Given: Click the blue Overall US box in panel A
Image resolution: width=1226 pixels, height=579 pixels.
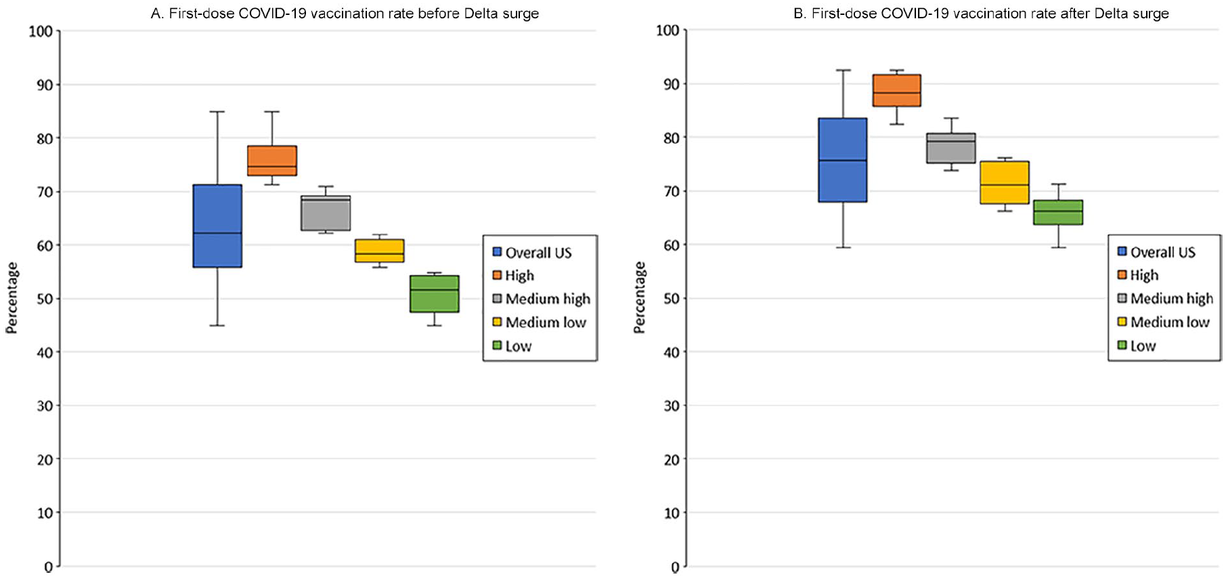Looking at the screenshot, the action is click(x=217, y=226).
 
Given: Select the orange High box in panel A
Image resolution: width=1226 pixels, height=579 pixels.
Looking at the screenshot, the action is click(x=272, y=160).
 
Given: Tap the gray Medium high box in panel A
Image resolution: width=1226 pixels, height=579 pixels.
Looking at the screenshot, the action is click(x=326, y=213).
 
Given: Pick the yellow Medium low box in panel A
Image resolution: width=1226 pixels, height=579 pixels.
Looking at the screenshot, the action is click(x=380, y=251).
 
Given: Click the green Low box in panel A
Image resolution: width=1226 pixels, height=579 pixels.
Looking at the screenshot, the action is click(x=435, y=294).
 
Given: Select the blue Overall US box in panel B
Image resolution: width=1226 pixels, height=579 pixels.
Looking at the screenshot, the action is click(x=843, y=160).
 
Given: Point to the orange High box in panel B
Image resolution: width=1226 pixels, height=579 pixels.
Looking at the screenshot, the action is click(x=897, y=90).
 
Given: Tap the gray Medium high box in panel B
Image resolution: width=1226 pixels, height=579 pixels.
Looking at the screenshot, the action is click(x=951, y=148).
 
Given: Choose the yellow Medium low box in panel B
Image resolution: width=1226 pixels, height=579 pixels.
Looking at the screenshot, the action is click(x=1005, y=182).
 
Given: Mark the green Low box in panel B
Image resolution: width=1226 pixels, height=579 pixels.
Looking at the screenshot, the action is click(x=1059, y=212).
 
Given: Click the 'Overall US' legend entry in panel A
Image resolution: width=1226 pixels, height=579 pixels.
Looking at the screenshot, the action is click(x=532, y=253).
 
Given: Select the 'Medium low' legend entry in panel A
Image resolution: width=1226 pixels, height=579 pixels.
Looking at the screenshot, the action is click(x=540, y=322).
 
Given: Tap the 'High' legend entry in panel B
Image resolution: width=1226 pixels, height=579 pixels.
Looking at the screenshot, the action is click(x=1138, y=275).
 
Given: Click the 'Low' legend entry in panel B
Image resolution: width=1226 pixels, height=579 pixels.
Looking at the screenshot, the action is click(x=1137, y=346).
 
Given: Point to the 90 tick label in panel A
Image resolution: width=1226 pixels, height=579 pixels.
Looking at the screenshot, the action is click(x=45, y=85).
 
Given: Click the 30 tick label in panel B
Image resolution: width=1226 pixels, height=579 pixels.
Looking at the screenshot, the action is click(x=671, y=405).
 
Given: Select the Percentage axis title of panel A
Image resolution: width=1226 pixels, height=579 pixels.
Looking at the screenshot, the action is click(x=12, y=298).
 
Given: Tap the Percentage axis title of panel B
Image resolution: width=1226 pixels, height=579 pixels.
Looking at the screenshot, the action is click(x=639, y=297).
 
